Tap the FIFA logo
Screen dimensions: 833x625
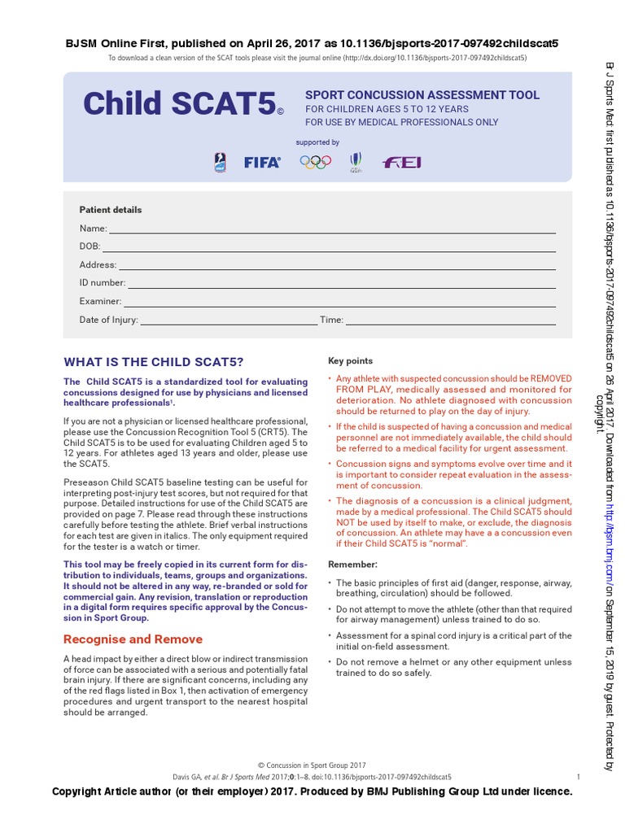(262, 162)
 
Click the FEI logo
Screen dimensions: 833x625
(403, 162)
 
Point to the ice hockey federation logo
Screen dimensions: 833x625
(218, 162)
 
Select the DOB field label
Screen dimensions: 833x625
(90, 246)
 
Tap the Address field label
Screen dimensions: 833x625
(98, 265)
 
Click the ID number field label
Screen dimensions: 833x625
(102, 283)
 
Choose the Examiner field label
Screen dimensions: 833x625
(100, 302)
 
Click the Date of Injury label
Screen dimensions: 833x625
(108, 321)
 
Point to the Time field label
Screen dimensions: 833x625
(331, 321)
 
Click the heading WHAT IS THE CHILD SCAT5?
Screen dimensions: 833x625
(153, 362)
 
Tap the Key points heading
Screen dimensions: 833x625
(350, 361)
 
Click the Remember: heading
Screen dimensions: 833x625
(352, 564)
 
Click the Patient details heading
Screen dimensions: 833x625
(110, 210)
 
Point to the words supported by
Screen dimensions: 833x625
(317, 142)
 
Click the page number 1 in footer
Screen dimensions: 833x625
(577, 777)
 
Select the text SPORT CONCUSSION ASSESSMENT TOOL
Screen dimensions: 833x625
(422, 95)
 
